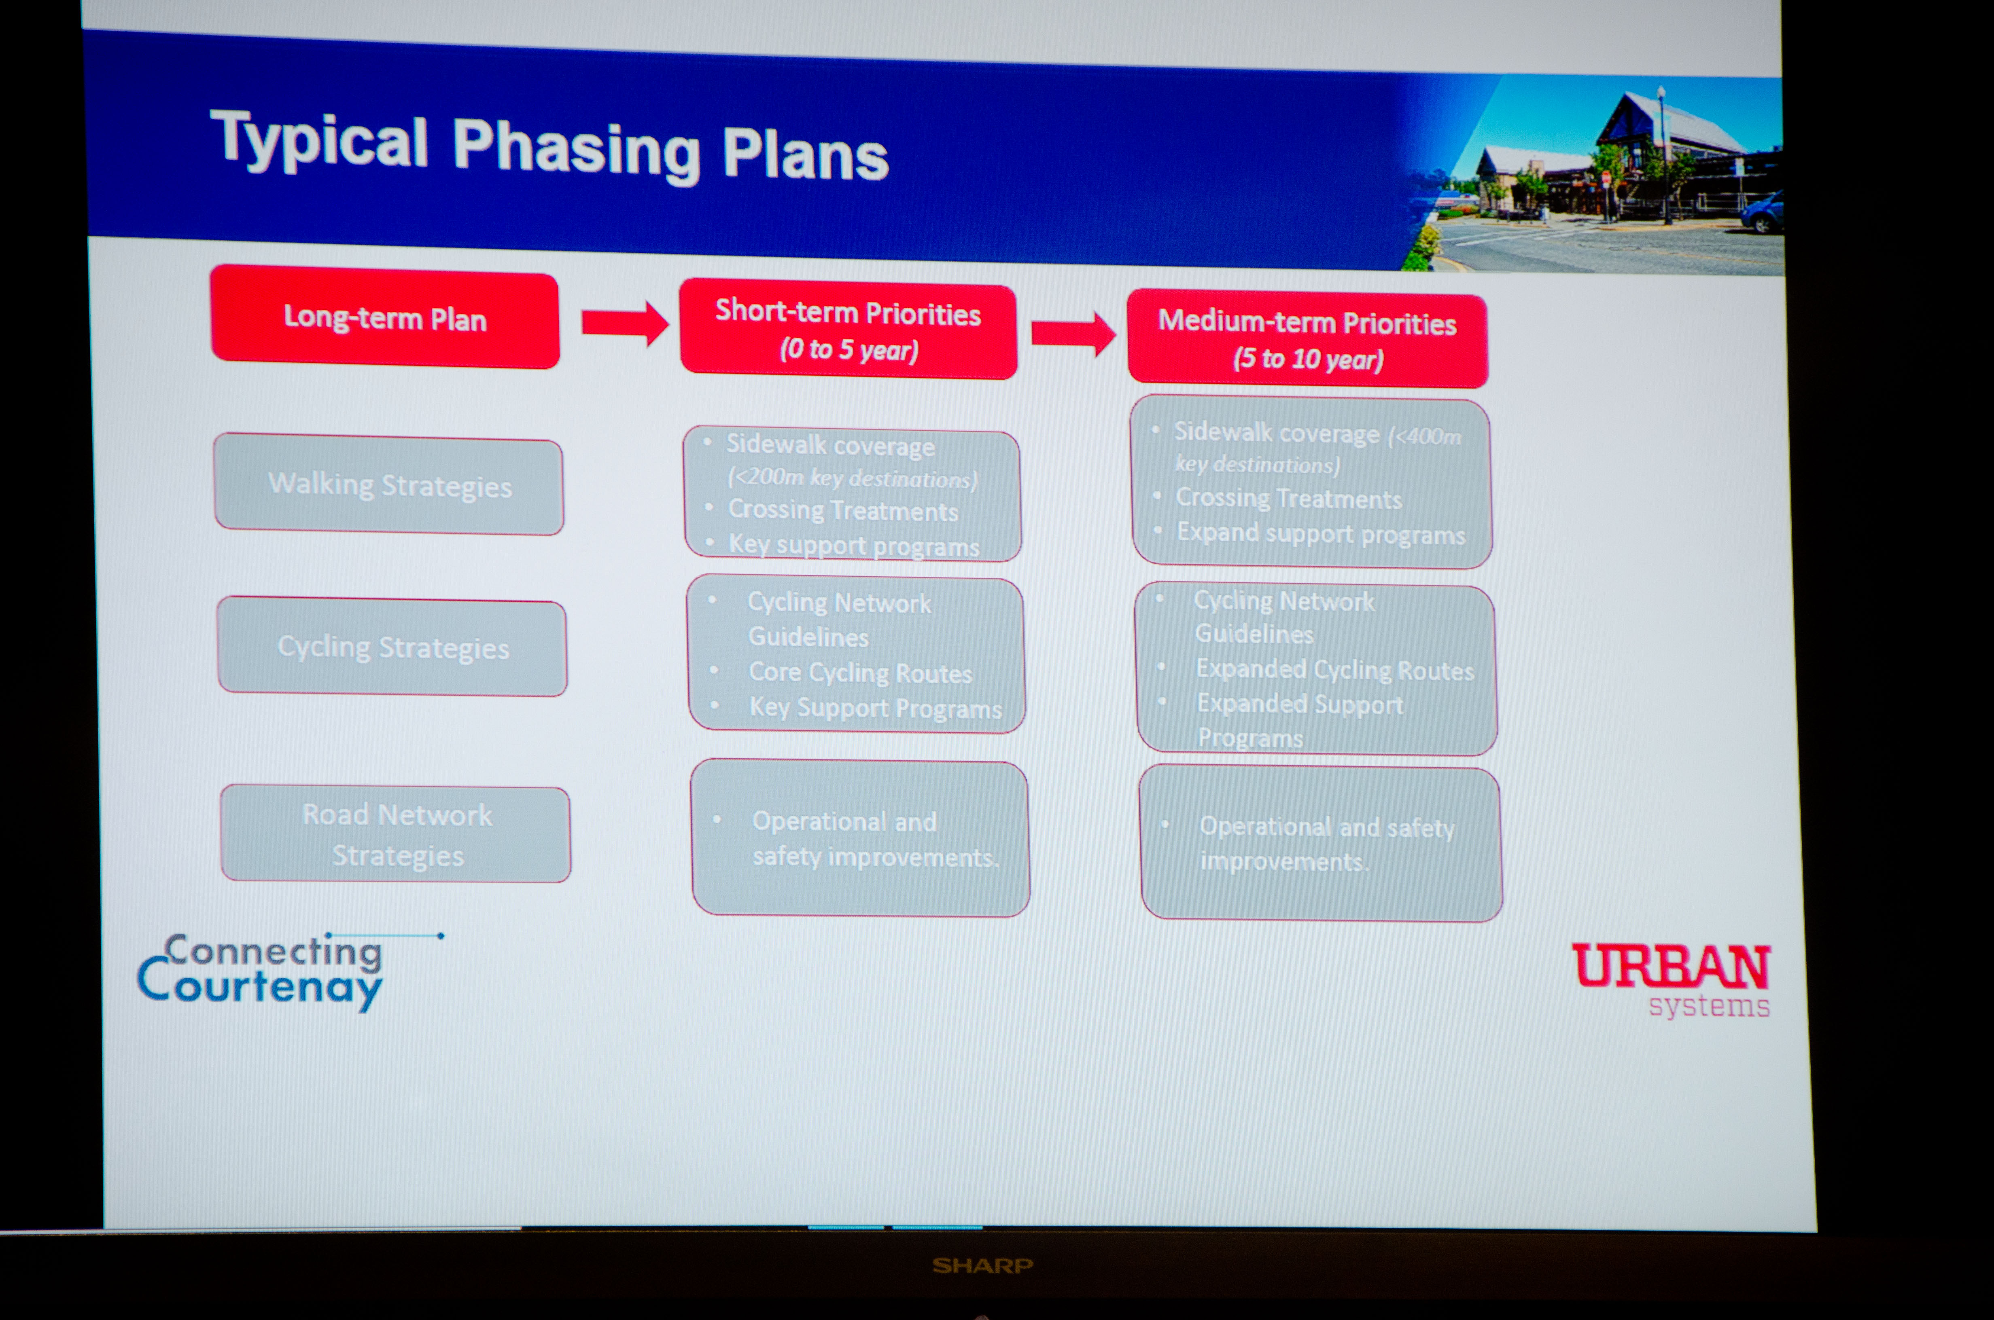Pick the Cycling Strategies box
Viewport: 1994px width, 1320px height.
coord(392,647)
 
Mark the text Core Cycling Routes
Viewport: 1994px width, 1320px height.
coord(861,673)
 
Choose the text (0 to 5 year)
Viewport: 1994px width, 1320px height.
coord(849,349)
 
